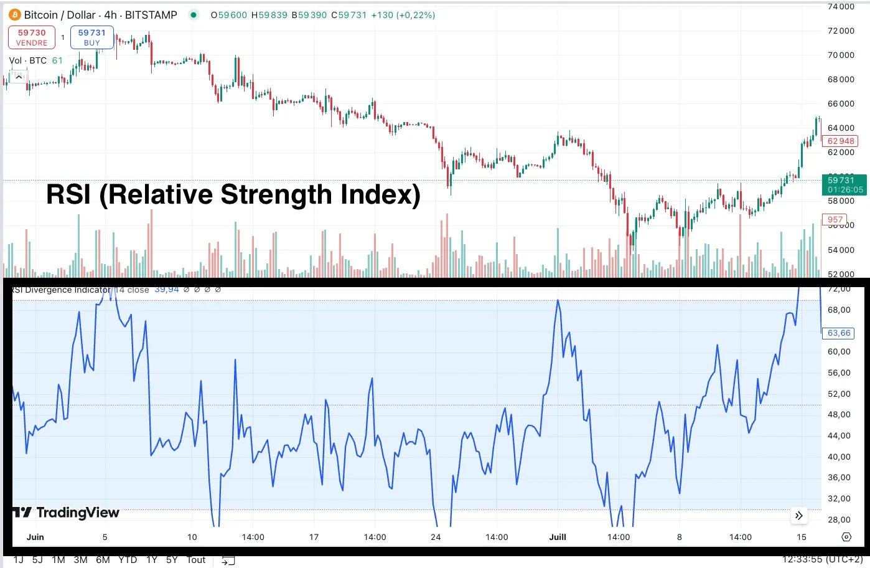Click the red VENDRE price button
pos(31,37)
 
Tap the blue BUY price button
pos(91,37)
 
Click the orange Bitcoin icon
pos(14,14)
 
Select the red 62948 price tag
pos(840,141)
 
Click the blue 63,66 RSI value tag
pos(839,333)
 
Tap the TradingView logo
pos(66,513)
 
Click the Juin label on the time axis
pos(35,537)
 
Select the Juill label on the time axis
pos(558,537)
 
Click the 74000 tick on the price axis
pos(840,7)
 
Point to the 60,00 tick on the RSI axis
pos(839,351)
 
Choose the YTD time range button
pos(128,560)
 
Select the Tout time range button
pos(196,560)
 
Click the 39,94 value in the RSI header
pos(166,290)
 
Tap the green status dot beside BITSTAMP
pos(194,15)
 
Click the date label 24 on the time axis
pos(436,537)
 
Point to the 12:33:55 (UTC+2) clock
pos(822,560)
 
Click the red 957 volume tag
pos(835,219)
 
